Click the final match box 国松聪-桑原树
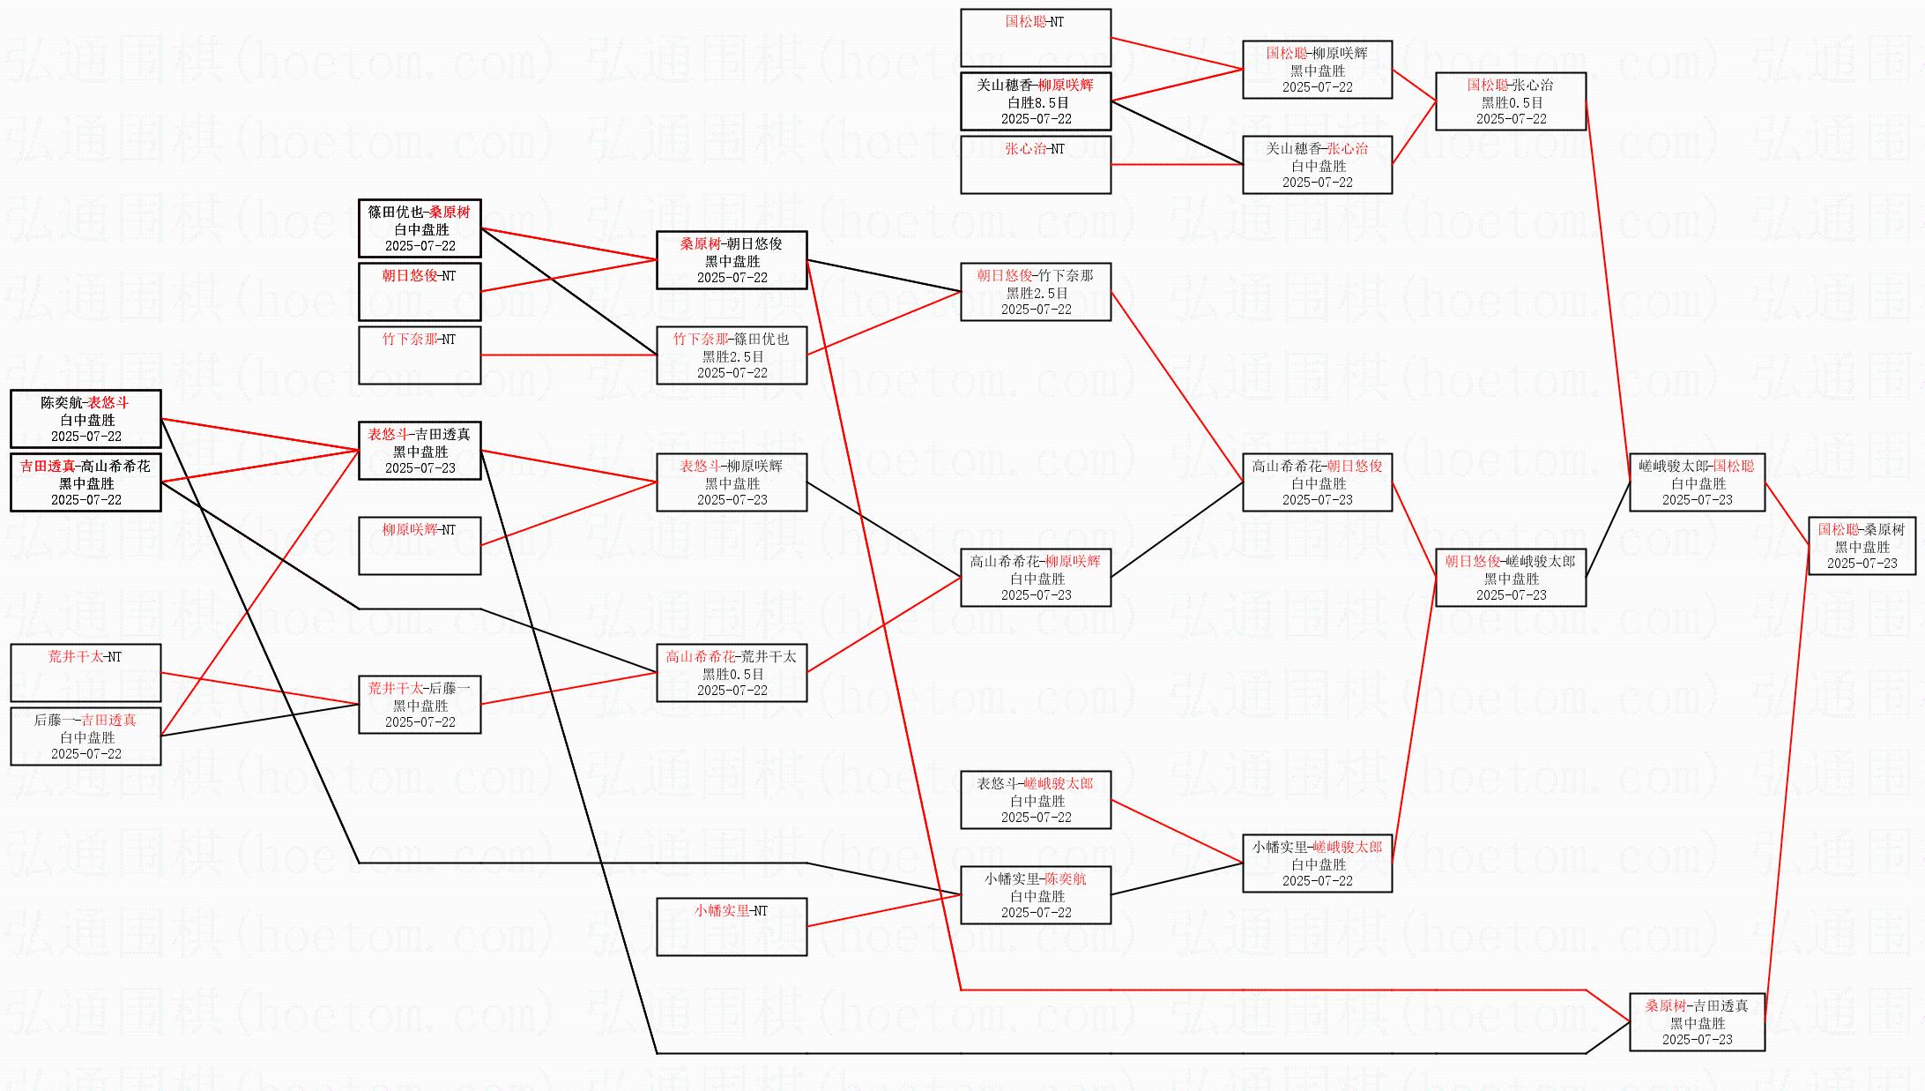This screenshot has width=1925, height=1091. [x=1862, y=546]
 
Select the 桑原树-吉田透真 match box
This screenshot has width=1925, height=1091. [x=1697, y=1022]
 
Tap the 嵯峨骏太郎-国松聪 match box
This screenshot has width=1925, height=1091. [x=1697, y=482]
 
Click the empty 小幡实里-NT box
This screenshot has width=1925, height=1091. [x=732, y=926]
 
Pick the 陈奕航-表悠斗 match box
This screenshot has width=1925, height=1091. [x=85, y=419]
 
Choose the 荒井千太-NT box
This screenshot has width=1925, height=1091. [x=85, y=672]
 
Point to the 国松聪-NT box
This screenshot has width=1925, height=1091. [x=1035, y=38]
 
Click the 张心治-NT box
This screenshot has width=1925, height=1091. [x=1035, y=165]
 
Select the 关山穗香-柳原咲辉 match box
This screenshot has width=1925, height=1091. [x=1035, y=101]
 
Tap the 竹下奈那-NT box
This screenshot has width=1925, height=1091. [x=420, y=355]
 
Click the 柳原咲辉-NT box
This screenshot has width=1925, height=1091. [x=420, y=545]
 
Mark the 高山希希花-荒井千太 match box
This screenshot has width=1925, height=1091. [x=732, y=673]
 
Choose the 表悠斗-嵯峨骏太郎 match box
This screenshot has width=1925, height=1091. [x=1035, y=800]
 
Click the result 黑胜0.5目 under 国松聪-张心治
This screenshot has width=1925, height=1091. [x=1511, y=102]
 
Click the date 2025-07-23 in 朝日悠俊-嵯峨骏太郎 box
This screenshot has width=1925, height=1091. [x=1511, y=595]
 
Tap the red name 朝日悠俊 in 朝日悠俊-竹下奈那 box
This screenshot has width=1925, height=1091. [x=1004, y=275]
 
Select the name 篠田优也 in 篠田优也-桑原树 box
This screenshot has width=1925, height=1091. [x=396, y=212]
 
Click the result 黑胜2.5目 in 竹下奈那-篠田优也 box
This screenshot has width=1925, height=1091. [x=732, y=356]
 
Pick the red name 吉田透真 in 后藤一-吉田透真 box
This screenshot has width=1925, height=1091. [x=108, y=720]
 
